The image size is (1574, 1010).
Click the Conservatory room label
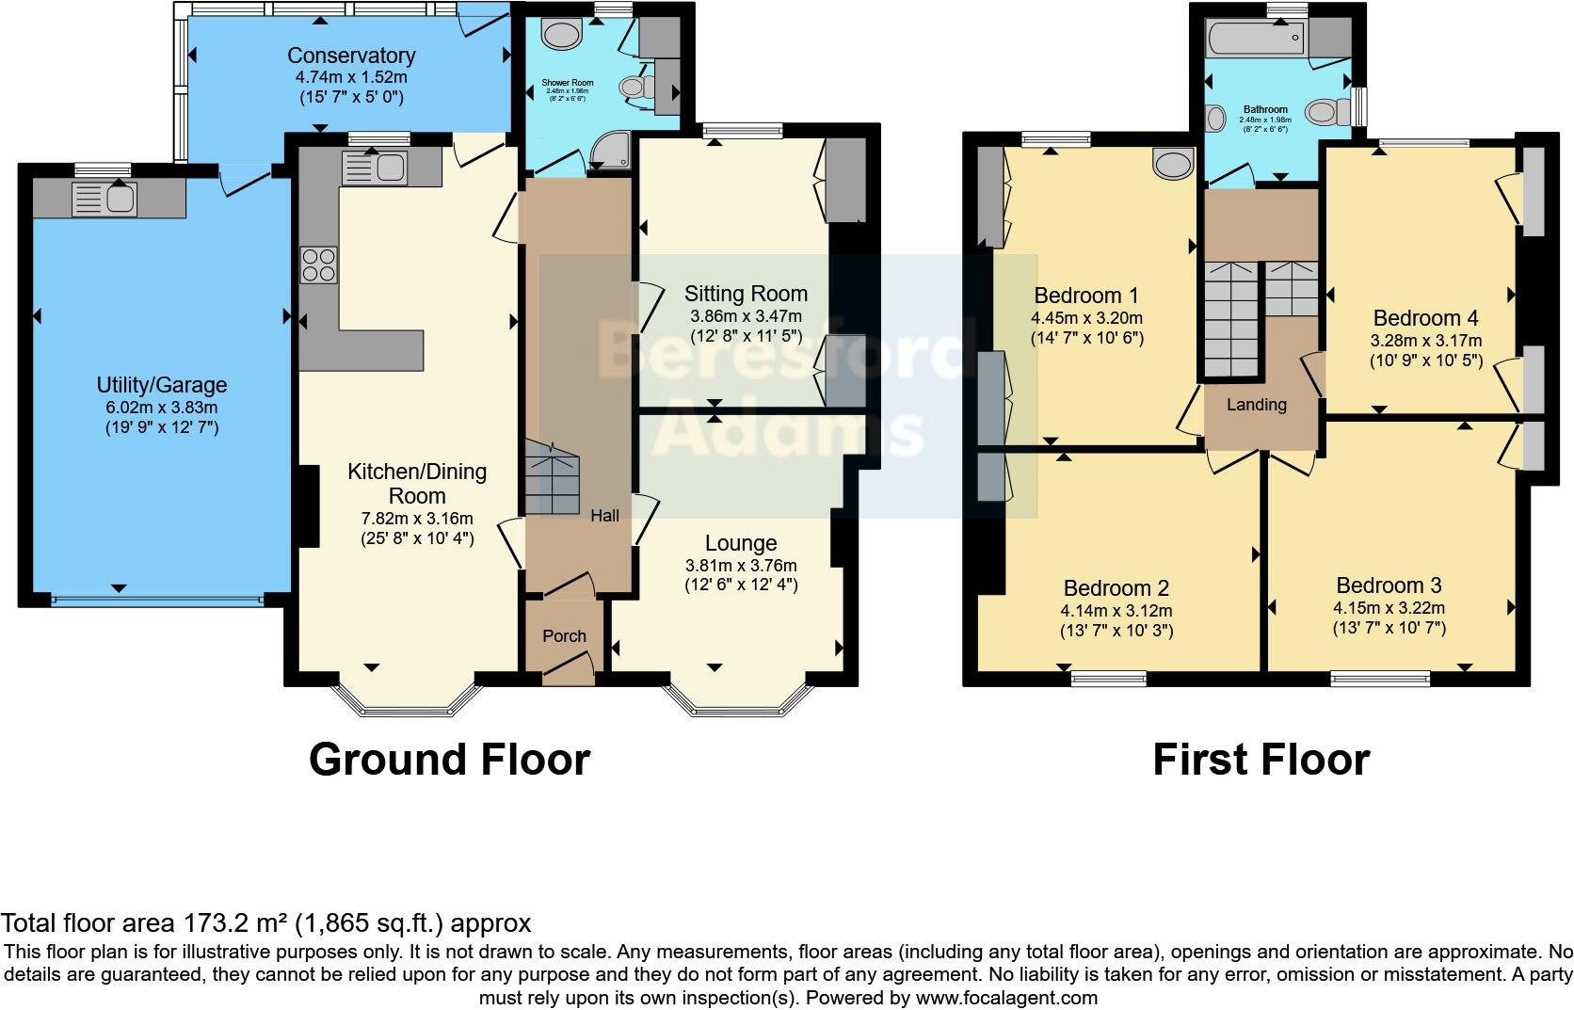(351, 56)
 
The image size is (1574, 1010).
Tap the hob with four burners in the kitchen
(318, 264)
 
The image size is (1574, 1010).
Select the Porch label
(564, 636)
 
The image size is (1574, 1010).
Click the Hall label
(604, 516)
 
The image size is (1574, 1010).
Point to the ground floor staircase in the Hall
(551, 480)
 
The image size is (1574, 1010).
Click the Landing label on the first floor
(1256, 405)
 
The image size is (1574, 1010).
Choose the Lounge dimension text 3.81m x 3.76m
(741, 566)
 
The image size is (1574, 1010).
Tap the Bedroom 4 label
(1425, 317)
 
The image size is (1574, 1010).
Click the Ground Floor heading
(449, 759)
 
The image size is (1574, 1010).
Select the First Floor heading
(1261, 759)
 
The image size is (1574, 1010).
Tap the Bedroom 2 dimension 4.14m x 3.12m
(1116, 610)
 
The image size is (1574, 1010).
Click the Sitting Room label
(746, 293)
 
